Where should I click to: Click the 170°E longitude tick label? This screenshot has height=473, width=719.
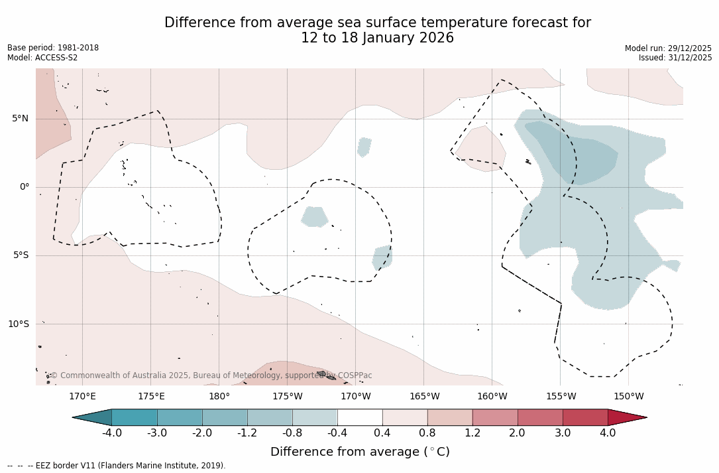pos(82,397)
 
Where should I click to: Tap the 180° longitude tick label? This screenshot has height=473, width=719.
pos(219,397)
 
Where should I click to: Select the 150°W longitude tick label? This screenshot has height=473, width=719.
pos(628,397)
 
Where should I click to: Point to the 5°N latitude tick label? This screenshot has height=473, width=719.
pos(20,119)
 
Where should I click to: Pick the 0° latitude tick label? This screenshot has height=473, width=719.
pos(25,187)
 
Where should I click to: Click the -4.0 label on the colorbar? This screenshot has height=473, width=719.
pos(111,433)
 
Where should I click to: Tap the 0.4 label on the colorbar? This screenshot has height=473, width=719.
pos(382,433)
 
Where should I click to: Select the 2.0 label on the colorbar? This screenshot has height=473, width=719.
pos(517,433)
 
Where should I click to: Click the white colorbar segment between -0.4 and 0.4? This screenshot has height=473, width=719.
pos(360,417)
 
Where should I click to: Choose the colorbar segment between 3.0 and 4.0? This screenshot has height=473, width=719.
pos(585,417)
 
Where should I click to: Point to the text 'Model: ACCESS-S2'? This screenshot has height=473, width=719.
pos(42,58)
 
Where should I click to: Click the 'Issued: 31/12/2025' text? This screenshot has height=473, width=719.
pos(675,58)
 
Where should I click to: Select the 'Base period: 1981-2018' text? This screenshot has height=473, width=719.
pos(53,48)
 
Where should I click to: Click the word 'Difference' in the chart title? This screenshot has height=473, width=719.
pos(196,23)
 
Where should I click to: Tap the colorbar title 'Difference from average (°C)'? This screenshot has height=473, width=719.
pos(360,452)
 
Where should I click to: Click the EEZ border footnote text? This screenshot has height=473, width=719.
pos(116,466)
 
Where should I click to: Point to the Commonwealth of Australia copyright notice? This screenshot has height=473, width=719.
pos(211,375)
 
